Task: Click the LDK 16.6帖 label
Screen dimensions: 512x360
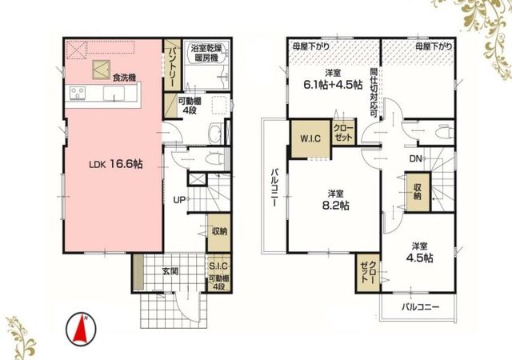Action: pos(116,164)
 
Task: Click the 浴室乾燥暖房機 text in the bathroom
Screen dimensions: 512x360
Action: pos(206,54)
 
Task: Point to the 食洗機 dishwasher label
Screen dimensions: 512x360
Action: pos(124,78)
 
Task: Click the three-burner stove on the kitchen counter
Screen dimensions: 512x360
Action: pos(78,93)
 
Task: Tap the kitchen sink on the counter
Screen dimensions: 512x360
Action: pos(114,94)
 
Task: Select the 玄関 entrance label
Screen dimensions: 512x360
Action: pos(170,271)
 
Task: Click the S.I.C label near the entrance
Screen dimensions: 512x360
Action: pos(218,266)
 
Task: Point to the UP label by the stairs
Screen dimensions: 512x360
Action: pos(179,200)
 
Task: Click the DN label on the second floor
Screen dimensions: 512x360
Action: pos(416,159)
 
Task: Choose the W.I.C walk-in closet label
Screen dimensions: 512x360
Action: pos(310,138)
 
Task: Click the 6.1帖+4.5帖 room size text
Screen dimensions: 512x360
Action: pos(333,85)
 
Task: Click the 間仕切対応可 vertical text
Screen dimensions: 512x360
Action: pos(374,93)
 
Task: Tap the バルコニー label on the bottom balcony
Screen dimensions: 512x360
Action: pos(420,307)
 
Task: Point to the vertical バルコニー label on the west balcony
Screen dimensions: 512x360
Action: pos(274,187)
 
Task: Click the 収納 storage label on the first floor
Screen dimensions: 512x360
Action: pos(219,232)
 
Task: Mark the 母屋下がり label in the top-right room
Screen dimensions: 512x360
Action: pos(434,46)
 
